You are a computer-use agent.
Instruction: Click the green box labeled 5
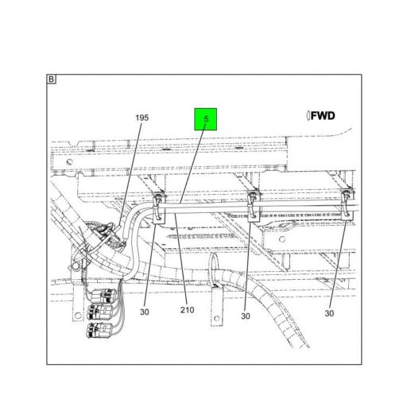[206, 120]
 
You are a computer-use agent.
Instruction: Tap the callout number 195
[141, 118]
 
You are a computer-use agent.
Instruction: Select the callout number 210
[188, 311]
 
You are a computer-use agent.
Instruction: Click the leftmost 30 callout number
[144, 312]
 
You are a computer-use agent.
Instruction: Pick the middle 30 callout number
[246, 316]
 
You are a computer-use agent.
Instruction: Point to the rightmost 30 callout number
[329, 314]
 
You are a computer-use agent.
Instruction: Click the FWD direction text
[323, 116]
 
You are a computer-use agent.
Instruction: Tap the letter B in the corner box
[52, 79]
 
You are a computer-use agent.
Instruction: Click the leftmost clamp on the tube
[159, 206]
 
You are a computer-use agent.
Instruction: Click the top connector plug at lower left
[102, 296]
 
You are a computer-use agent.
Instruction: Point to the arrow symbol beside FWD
[308, 116]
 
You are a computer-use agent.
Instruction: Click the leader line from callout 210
[181, 262]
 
